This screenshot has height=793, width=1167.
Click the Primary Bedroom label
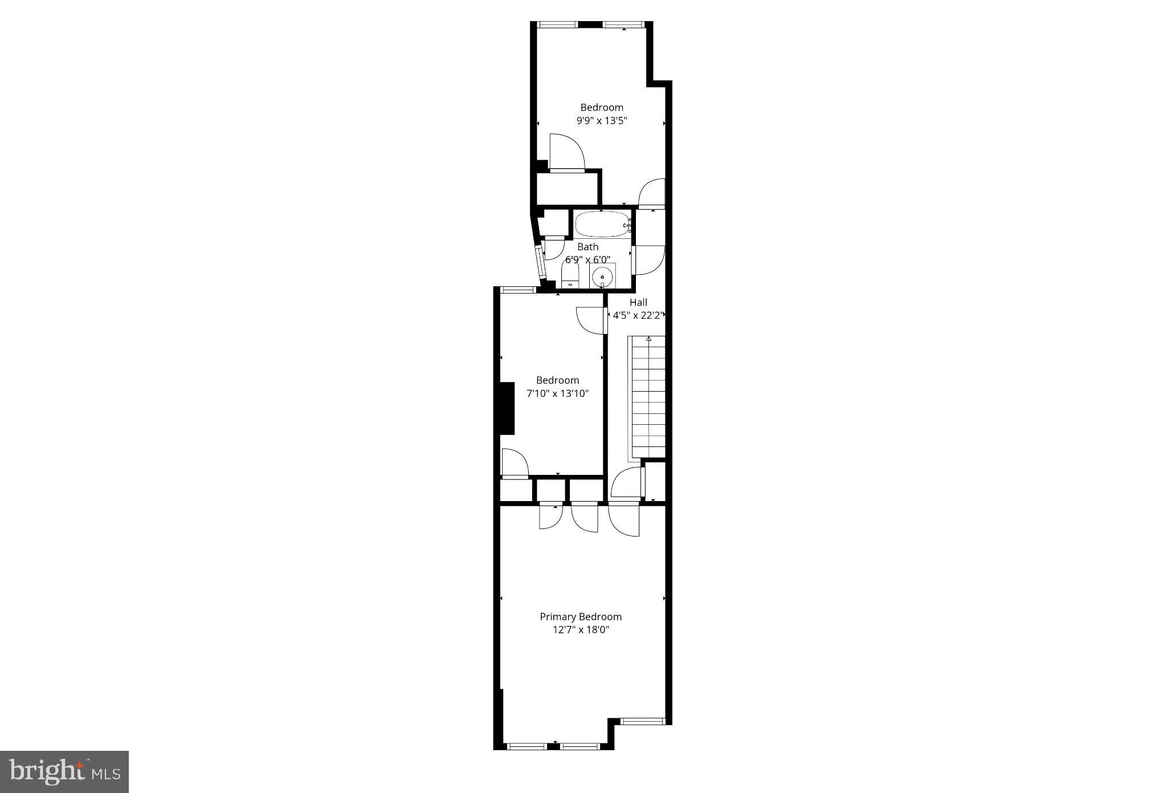click(581, 617)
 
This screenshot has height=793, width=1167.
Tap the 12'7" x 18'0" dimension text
click(581, 630)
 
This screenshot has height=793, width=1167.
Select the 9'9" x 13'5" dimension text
click(602, 120)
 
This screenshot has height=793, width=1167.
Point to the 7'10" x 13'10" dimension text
click(557, 393)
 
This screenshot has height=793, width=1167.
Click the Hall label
click(638, 303)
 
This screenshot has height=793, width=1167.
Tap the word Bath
click(588, 247)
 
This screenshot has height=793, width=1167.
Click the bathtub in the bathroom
click(602, 225)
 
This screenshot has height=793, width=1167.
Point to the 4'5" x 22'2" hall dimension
click(638, 315)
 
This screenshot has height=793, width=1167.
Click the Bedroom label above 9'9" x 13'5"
click(602, 107)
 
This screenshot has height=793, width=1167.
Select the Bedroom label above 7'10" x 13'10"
click(557, 380)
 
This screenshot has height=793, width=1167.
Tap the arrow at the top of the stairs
click(648, 339)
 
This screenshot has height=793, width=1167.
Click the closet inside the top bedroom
click(567, 188)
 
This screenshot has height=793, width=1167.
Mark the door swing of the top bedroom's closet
click(567, 151)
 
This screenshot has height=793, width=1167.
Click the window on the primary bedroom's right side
click(643, 721)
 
